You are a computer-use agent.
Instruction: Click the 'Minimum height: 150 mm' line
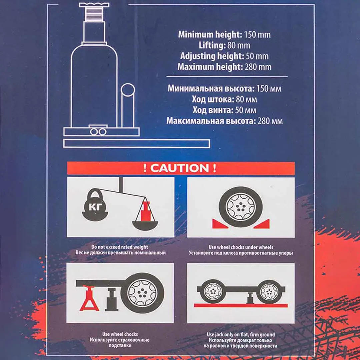point(224,34)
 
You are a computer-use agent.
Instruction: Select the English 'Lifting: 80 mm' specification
point(224,45)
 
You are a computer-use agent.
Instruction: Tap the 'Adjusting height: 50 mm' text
point(224,56)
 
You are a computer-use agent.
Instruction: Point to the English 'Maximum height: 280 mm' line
point(224,67)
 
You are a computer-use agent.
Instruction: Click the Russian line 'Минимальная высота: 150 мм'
point(224,89)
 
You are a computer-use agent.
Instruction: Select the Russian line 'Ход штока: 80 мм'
point(224,99)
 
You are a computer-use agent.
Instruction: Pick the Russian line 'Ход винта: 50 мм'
point(224,110)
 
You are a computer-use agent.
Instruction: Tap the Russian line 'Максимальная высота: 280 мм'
point(224,121)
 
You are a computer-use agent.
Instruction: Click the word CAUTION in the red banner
point(180,168)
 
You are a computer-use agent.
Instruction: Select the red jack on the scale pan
point(145,211)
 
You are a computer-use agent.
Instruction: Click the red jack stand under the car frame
point(89,299)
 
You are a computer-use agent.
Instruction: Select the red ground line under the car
point(241,305)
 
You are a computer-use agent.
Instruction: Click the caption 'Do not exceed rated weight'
point(120,247)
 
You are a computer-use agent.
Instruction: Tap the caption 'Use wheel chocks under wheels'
point(241,247)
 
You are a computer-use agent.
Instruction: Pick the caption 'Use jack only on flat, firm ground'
point(241,334)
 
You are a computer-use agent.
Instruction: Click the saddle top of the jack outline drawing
point(94,5)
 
